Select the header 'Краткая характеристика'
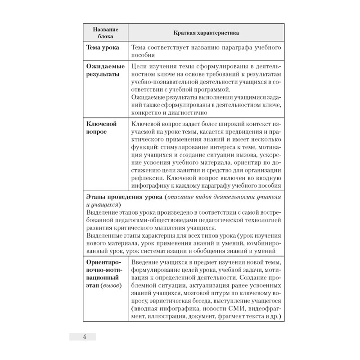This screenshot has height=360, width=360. [x=207, y=33]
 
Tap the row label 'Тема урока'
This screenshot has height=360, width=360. [x=103, y=47]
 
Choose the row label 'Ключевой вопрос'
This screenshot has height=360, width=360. [x=102, y=128]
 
